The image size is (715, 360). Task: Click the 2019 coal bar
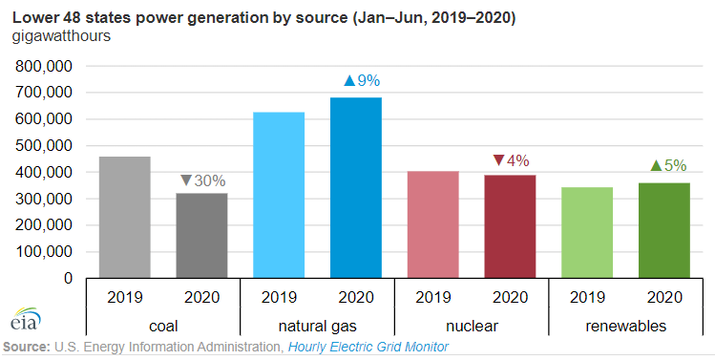click(124, 217)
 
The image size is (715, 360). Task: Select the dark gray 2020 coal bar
click(201, 236)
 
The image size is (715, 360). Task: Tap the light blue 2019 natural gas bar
click(279, 195)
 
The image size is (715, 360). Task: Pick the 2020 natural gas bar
click(356, 187)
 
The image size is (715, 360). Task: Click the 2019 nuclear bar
click(432, 224)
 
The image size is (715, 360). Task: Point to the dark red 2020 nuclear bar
click(510, 226)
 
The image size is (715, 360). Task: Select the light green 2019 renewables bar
click(587, 232)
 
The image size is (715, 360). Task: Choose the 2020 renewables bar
click(664, 230)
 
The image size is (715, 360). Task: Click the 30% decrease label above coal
click(202, 180)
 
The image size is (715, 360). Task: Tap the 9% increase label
click(362, 81)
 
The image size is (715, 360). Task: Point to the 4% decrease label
click(511, 160)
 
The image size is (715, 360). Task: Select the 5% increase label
click(668, 165)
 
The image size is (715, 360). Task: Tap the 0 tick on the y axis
click(68, 278)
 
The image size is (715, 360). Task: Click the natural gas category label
click(317, 327)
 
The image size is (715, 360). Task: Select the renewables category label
click(625, 327)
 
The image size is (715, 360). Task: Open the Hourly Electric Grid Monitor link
click(368, 347)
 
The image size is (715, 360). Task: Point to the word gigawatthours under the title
click(61, 36)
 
